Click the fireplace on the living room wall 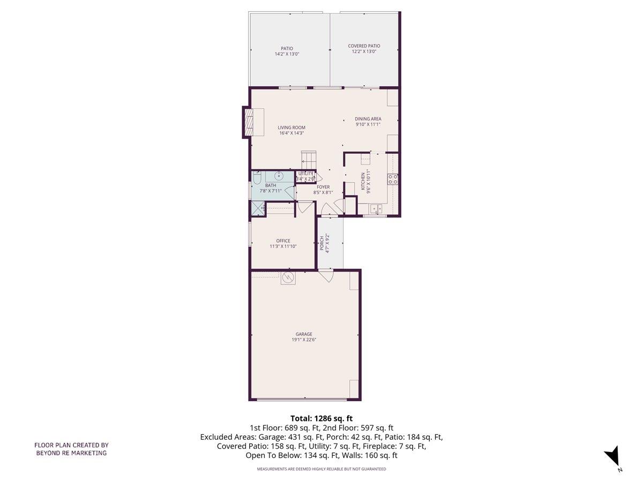click(249, 123)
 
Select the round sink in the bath click(279, 175)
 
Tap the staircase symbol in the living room click(309, 160)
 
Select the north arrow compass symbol click(612, 457)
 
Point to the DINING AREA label click(368, 119)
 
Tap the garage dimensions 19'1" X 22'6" click(303, 340)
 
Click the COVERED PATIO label click(364, 46)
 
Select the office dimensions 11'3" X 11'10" click(283, 246)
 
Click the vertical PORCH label click(322, 243)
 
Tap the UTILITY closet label click(306, 174)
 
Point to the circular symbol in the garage click(288, 277)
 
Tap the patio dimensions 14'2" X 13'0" click(287, 54)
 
